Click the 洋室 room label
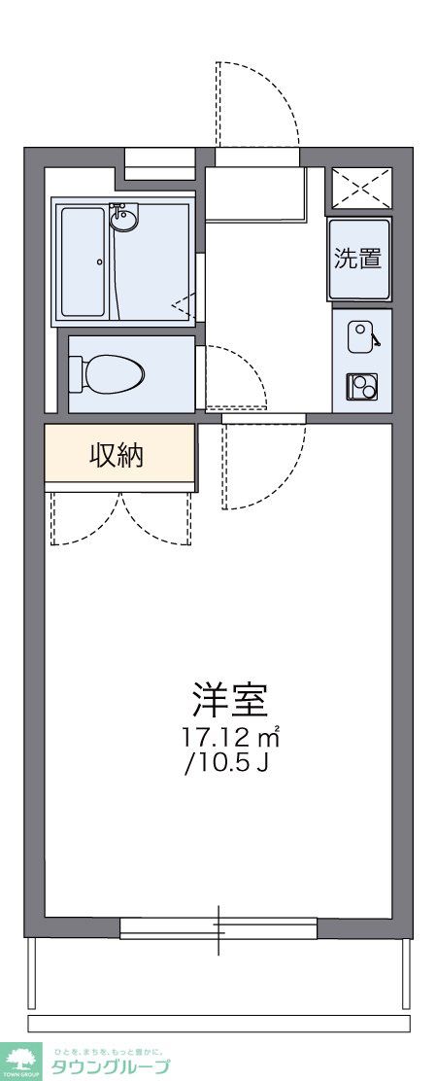(229, 700)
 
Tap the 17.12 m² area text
(230, 736)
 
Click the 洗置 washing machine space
(358, 260)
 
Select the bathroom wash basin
(123, 218)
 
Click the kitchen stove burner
(361, 388)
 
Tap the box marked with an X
(361, 187)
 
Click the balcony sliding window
(218, 928)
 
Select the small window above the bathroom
(160, 161)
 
